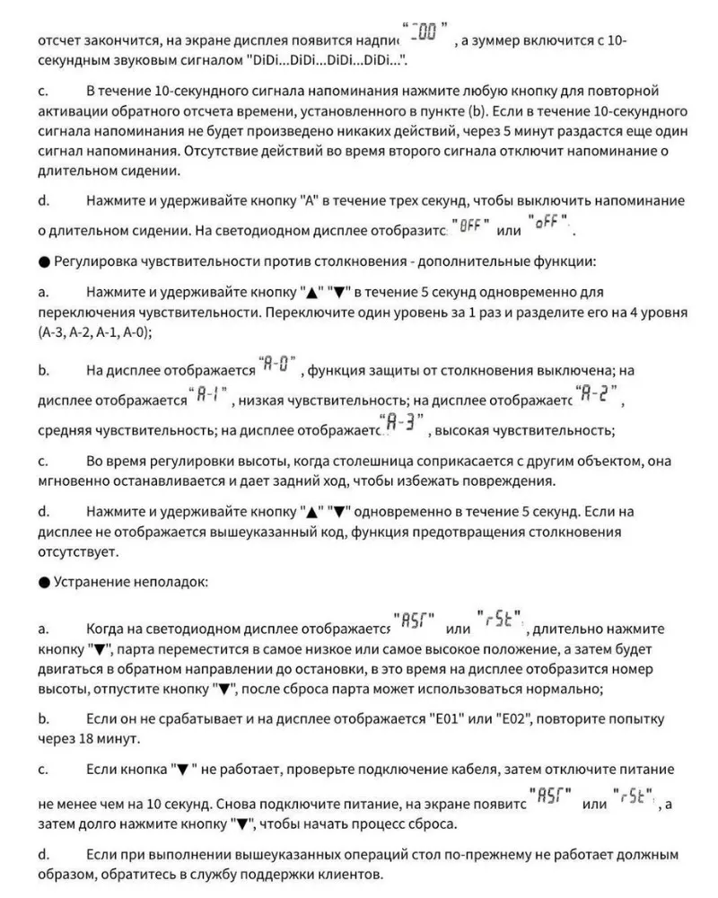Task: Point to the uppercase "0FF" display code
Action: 470,225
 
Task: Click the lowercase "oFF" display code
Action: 549,222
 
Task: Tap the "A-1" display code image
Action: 213,394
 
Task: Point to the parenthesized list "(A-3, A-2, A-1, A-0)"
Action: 95,331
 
